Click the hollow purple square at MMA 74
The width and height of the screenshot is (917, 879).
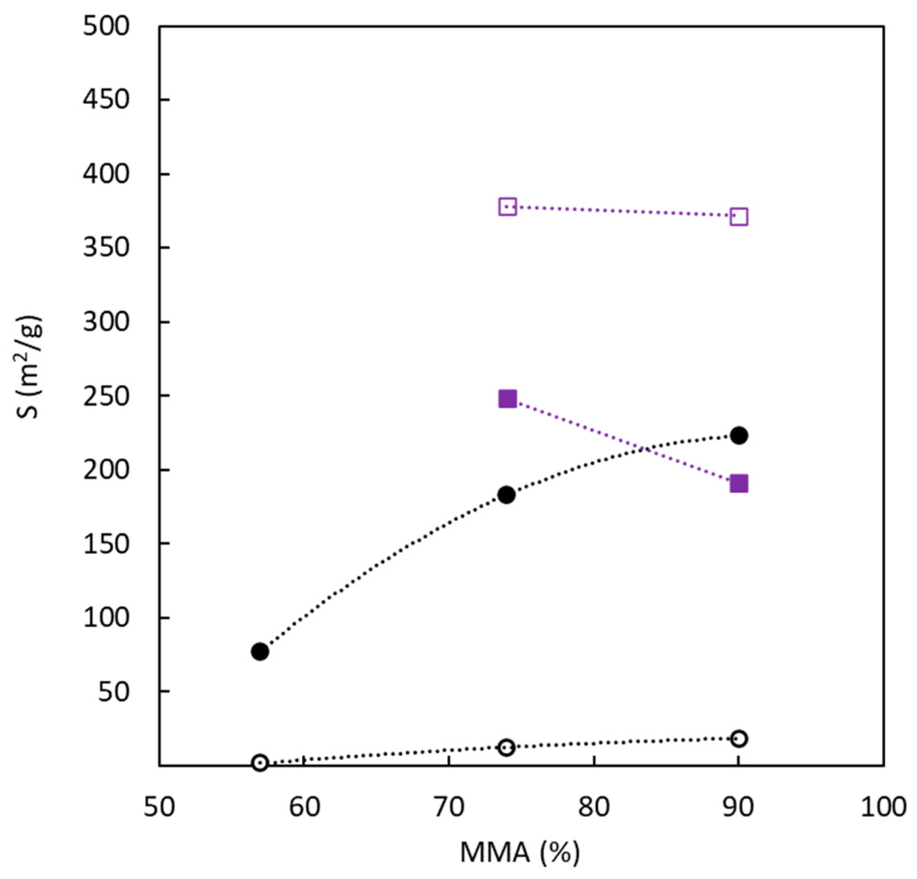pos(508,207)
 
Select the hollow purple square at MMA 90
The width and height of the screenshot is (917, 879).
pos(739,217)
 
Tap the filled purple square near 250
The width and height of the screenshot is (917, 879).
pos(508,399)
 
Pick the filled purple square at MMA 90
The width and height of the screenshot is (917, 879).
pos(739,484)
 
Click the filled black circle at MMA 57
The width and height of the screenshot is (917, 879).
pos(260,652)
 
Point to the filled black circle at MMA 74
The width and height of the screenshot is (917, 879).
pos(507,495)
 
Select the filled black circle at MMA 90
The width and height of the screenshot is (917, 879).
pos(739,435)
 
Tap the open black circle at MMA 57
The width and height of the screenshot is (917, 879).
pos(260,762)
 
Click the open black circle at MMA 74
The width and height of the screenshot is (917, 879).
pos(507,748)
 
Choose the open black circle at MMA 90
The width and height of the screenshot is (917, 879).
pos(739,739)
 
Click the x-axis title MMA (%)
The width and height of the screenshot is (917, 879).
pos(520,853)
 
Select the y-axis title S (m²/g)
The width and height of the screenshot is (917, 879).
pos(30,367)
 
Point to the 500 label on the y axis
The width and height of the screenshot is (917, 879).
pos(106,26)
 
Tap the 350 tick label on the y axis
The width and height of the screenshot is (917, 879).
pos(106,248)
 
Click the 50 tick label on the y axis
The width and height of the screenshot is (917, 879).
pos(114,692)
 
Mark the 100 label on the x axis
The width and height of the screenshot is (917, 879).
pos(883,807)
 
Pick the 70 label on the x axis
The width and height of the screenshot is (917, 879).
pos(449,807)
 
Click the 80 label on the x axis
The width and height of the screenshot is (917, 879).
pos(594,807)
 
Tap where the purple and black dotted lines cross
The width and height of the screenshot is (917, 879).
pos(644,449)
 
